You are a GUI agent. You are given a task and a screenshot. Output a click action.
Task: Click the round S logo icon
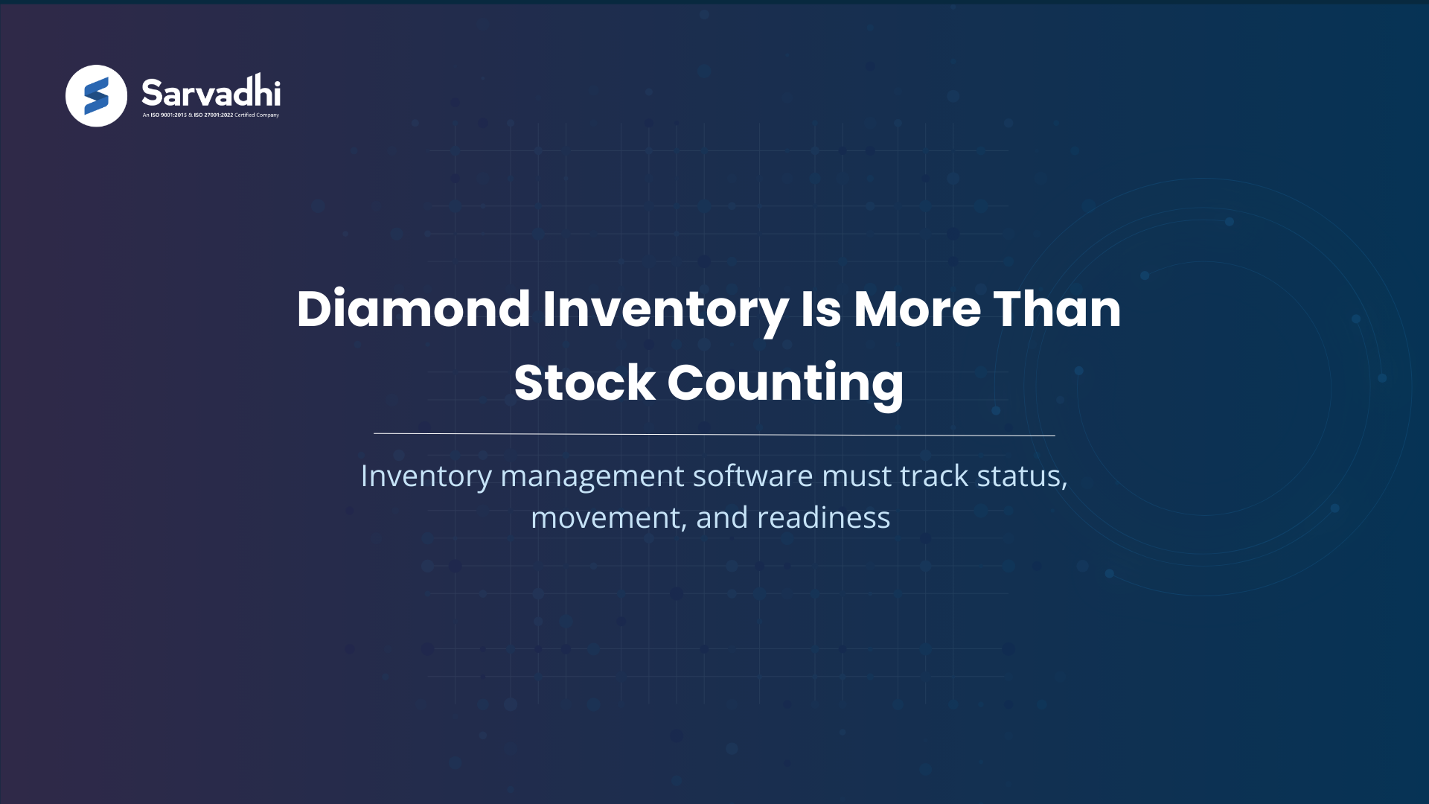[96, 96]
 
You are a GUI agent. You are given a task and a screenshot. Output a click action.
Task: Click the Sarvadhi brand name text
[211, 93]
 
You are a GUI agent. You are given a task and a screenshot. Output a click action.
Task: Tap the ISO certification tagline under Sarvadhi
[211, 115]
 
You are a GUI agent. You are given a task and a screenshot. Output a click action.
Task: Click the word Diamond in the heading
[413, 309]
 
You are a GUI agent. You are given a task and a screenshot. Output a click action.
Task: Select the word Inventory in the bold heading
[665, 309]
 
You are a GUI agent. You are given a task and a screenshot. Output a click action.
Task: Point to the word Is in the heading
[820, 309]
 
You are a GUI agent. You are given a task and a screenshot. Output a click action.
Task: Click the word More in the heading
[917, 309]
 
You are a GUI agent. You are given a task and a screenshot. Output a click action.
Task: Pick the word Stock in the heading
[584, 383]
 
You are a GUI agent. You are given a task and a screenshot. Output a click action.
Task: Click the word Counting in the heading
[785, 383]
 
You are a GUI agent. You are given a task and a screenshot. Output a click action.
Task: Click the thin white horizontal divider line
[714, 434]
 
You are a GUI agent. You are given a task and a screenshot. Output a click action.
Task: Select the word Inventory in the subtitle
[426, 476]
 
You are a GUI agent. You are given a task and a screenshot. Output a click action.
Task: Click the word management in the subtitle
[592, 476]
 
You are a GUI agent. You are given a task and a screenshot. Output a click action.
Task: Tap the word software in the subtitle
[752, 476]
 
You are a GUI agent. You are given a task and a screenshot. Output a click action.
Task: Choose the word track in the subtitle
[934, 476]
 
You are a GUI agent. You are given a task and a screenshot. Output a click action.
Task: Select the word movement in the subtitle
[607, 518]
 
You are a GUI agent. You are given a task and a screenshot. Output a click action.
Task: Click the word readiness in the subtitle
[823, 518]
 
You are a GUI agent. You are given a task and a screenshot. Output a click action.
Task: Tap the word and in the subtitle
[721, 518]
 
